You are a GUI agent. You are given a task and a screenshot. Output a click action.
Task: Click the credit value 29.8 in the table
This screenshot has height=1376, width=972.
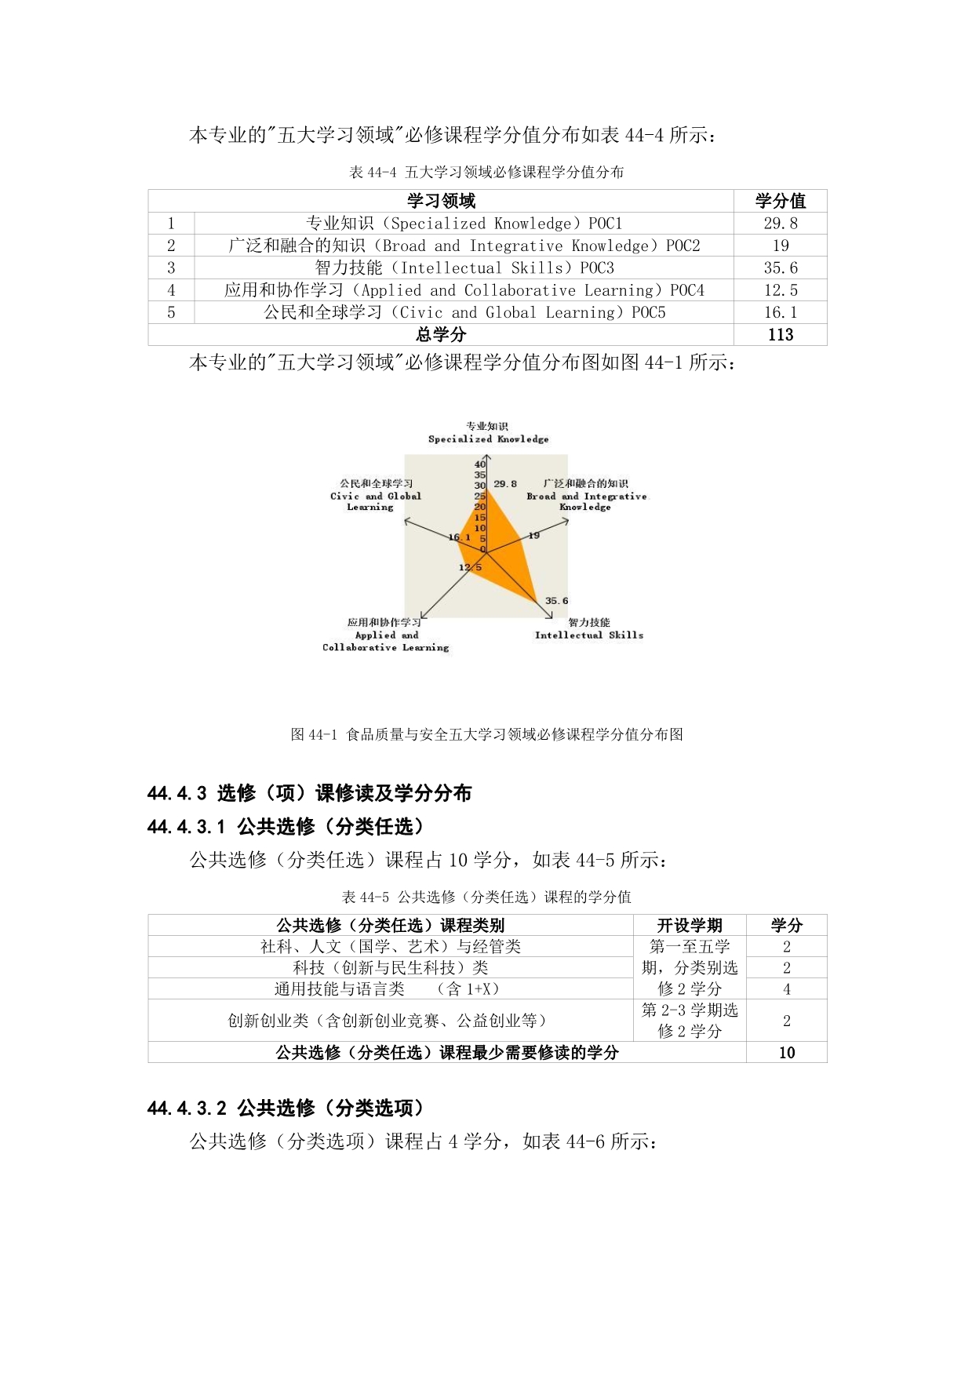coord(780,224)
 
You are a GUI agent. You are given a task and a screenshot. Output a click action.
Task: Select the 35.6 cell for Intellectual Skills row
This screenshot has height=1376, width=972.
coord(780,268)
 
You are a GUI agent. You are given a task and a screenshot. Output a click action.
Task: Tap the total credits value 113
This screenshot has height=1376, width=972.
coord(780,335)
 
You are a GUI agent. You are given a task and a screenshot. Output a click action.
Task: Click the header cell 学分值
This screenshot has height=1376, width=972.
coord(780,201)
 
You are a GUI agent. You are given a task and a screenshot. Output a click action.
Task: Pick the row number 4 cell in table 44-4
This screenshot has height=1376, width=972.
coord(171,290)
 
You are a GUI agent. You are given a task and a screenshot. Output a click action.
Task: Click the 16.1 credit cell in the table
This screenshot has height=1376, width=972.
coord(780,312)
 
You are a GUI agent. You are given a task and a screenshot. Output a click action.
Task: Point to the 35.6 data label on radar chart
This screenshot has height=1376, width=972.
coord(556,601)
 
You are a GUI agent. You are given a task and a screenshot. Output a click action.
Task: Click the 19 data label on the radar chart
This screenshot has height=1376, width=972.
coord(533,536)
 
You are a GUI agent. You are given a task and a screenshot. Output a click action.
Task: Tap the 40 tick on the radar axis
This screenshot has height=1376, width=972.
coord(479,464)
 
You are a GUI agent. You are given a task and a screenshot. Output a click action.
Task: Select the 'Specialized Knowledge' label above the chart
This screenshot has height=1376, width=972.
coord(488,439)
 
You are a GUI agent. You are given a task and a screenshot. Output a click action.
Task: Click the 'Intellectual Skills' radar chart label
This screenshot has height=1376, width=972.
coord(588,635)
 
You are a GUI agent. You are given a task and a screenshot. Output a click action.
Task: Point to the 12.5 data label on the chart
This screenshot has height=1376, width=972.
coord(470,567)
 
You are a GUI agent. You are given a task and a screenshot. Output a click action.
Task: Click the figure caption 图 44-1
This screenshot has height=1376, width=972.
coord(486,734)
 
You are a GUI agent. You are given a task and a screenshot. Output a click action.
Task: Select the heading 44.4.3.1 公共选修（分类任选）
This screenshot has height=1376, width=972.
coord(286,826)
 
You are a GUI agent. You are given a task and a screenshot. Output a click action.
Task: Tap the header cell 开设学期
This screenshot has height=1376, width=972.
coord(690,925)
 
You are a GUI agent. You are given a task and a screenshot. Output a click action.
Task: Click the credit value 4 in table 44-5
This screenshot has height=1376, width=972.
coord(786,988)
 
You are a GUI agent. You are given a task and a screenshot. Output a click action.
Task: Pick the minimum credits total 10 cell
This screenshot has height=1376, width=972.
coord(786,1053)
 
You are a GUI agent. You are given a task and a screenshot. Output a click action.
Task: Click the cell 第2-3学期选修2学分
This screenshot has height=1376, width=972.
coord(690,1020)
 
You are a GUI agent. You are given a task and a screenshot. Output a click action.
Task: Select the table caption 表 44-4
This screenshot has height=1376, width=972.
coord(486,173)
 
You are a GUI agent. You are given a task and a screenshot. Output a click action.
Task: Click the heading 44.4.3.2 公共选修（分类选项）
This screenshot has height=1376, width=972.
coord(286,1108)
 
